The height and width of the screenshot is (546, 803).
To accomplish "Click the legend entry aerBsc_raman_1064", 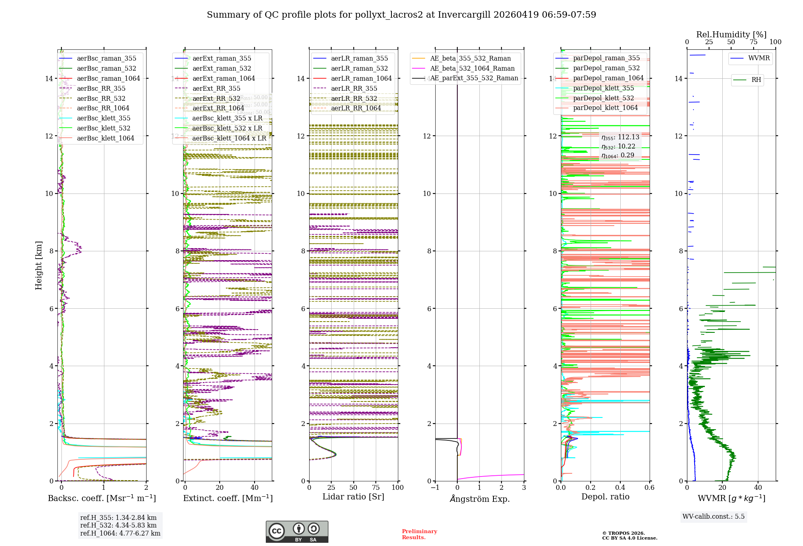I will tap(108, 78).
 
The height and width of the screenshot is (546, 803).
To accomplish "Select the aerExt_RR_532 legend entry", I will tap(216, 98).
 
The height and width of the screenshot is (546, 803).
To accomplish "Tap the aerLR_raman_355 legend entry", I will tap(359, 58).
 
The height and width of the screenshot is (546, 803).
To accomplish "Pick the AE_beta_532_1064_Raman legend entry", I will tap(472, 68).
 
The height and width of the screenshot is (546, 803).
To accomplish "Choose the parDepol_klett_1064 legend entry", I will tap(605, 108).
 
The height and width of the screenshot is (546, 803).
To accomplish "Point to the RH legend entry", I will tap(756, 80).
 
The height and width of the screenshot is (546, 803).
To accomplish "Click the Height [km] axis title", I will tap(39, 265).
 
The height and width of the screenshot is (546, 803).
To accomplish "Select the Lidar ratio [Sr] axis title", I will tap(353, 497).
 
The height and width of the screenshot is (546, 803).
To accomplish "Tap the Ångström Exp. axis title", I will tap(479, 499).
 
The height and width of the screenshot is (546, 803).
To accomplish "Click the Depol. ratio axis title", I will tap(605, 497).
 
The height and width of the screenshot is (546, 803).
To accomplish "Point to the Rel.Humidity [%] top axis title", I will tap(731, 35).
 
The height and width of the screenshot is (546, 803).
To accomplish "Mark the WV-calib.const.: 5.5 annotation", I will tap(713, 516).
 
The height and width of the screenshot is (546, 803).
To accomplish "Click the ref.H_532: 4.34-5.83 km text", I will tap(118, 525).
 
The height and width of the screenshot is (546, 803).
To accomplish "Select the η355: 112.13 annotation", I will tap(620, 137).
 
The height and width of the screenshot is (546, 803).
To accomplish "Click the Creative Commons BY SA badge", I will tap(297, 532).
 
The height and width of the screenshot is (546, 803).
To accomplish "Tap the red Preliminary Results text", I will tap(419, 534).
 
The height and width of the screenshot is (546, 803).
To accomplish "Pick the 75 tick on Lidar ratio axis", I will tap(376, 487).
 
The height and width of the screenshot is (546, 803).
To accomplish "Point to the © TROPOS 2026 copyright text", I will tap(623, 533).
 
